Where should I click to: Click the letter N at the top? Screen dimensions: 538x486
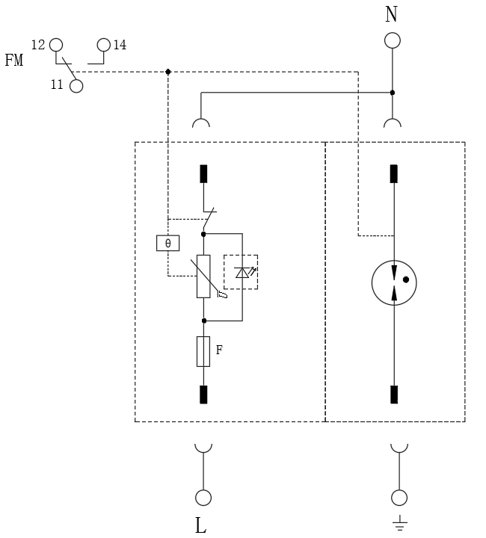(x=392, y=14)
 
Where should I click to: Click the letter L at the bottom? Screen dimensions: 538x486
(x=200, y=525)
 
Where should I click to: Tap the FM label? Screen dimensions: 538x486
(x=14, y=61)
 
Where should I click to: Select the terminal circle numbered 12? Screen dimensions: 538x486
(x=56, y=45)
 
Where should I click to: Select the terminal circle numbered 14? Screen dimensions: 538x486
(x=103, y=46)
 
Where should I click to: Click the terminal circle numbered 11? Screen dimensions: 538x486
(x=76, y=86)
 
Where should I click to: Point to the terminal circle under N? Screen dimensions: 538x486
(x=392, y=40)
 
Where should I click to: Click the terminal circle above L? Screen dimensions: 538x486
(x=202, y=497)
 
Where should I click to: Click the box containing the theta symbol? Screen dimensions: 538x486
(x=167, y=243)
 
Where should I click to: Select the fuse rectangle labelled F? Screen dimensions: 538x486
(x=203, y=351)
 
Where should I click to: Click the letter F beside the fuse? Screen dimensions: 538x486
(x=219, y=349)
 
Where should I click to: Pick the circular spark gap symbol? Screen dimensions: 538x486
(x=394, y=283)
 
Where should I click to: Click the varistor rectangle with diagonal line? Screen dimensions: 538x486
(x=203, y=276)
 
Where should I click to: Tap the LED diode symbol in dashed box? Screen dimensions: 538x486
(x=242, y=272)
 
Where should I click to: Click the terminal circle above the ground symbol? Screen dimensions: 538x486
(x=399, y=497)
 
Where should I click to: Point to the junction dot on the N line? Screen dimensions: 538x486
(x=393, y=93)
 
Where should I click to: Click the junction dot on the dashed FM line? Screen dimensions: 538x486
(x=167, y=72)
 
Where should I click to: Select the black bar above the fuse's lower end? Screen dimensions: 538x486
(x=203, y=394)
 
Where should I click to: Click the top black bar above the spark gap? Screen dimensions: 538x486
(x=394, y=173)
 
